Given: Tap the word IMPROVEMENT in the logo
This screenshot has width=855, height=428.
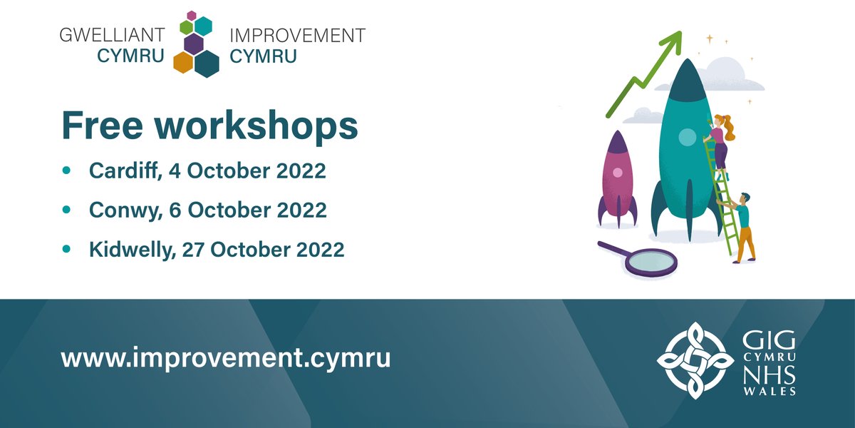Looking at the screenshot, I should [x=297, y=35].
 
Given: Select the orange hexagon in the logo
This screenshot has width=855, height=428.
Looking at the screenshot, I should [x=183, y=63].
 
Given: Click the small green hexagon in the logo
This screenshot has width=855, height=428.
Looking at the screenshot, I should [x=187, y=27].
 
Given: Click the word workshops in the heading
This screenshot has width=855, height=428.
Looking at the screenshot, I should [x=259, y=127].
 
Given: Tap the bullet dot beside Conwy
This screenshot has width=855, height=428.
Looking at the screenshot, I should [x=67, y=210].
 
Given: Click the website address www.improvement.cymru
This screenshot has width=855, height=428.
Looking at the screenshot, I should [x=226, y=357].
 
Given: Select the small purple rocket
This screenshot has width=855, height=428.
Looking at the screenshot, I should [x=617, y=178].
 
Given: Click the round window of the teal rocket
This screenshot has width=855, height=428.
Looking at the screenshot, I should [x=687, y=136].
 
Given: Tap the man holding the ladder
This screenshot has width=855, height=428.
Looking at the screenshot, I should [x=742, y=225].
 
